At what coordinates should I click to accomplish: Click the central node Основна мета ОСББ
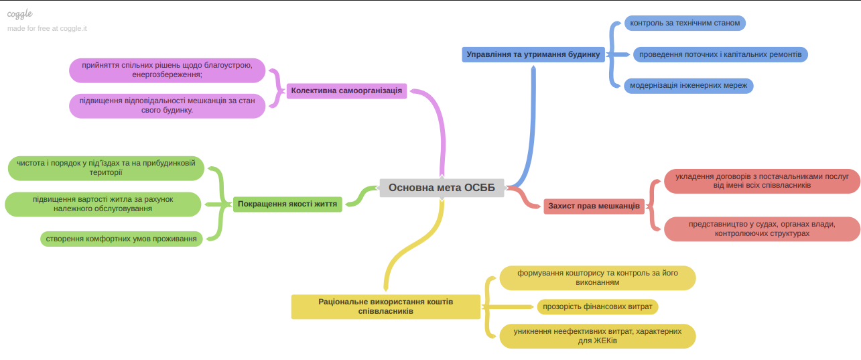tap(442, 188)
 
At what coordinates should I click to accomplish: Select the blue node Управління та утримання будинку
tap(533, 54)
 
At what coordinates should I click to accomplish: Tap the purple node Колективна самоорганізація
tap(346, 91)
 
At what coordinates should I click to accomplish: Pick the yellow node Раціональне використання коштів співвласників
tap(385, 306)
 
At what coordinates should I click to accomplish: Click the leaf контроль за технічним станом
tap(685, 23)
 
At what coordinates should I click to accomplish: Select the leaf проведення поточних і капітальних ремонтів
tap(720, 54)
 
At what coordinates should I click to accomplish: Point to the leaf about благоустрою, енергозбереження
tap(167, 70)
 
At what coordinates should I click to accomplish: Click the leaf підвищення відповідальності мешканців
tap(167, 106)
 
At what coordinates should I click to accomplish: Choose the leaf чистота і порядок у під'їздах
tap(106, 168)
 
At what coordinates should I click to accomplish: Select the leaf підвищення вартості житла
tap(103, 204)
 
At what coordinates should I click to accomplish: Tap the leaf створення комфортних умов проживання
tap(121, 239)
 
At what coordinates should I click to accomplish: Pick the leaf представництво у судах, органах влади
tap(762, 229)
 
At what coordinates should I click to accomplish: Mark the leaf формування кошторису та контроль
tap(597, 278)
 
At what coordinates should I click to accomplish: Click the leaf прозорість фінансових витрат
tap(598, 306)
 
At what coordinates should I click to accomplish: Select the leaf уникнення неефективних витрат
tap(597, 336)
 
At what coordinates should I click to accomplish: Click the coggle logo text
tap(20, 14)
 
